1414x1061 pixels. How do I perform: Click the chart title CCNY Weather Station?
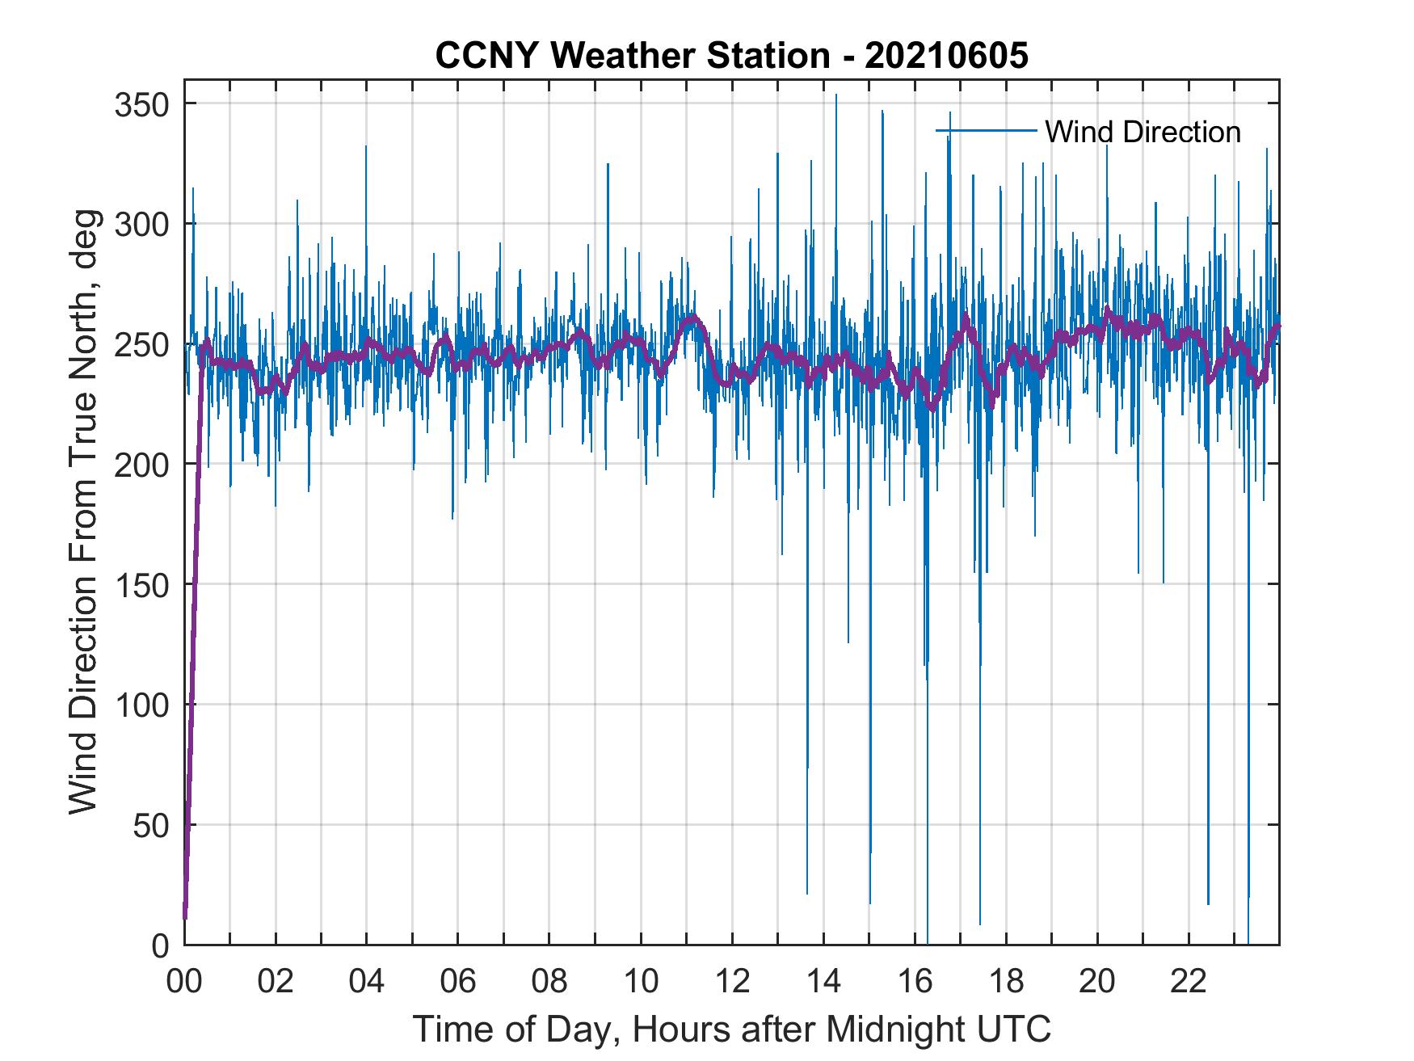tap(731, 56)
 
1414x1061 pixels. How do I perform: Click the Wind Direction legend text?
tap(1143, 132)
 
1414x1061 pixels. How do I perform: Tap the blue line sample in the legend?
tap(986, 130)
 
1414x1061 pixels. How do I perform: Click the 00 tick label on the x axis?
tap(184, 983)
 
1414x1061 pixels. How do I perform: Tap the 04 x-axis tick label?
tap(367, 983)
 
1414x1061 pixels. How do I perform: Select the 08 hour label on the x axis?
tap(549, 983)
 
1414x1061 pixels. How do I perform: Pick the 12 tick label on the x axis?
tap(732, 983)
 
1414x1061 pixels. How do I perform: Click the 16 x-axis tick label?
tap(915, 983)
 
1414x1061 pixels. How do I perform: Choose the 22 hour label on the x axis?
tap(1189, 983)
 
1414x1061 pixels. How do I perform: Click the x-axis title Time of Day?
tap(732, 1029)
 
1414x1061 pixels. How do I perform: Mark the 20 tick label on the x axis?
tap(1097, 983)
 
